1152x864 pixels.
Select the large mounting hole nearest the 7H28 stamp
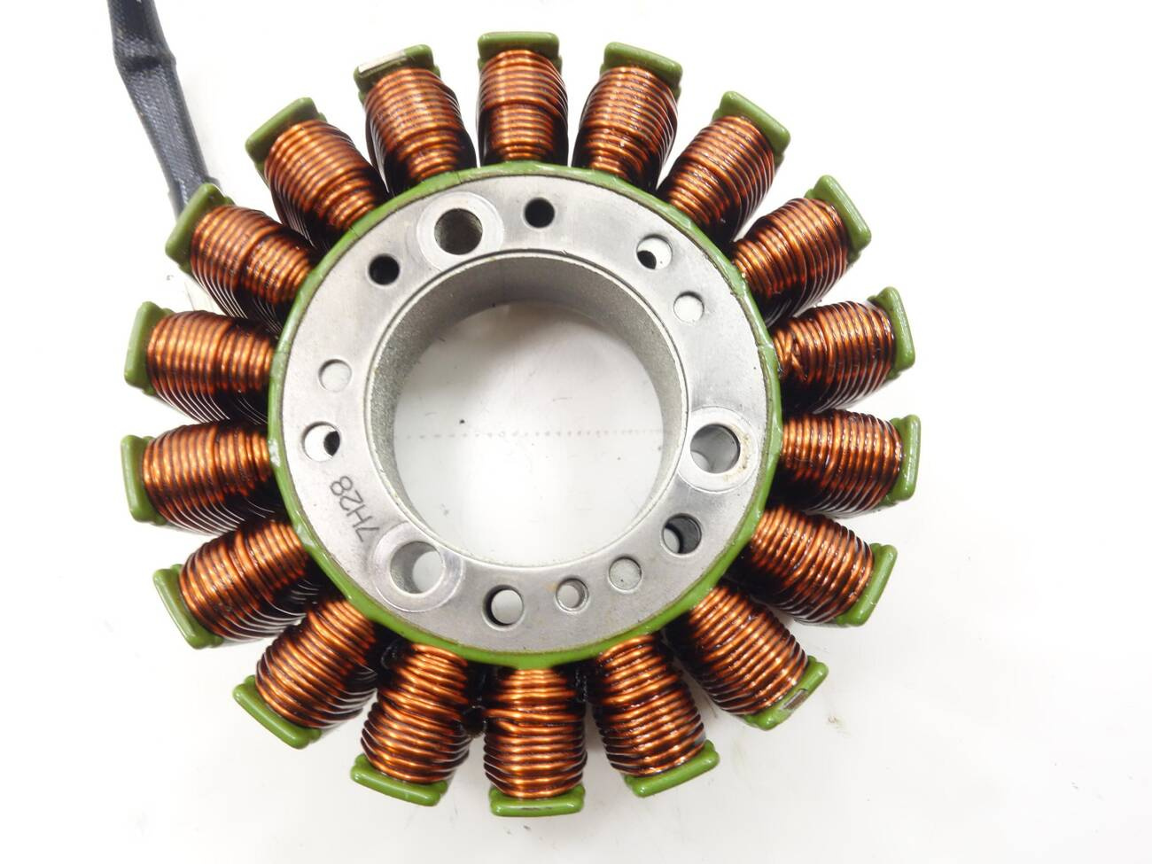[x=416, y=566]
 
